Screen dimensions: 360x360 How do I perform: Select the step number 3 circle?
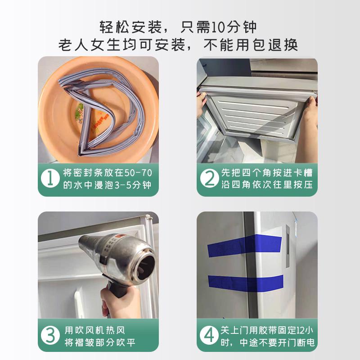tap(50, 335)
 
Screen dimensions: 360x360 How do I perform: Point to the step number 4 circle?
tap(209, 335)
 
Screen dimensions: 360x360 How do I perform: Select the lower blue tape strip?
tap(245, 281)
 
